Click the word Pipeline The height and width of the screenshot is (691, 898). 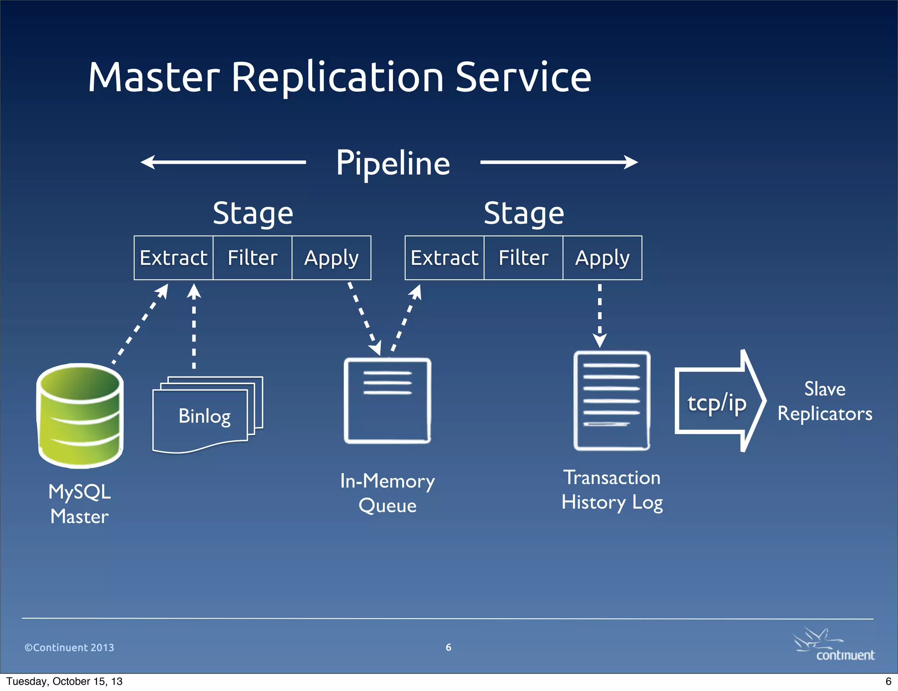point(393,163)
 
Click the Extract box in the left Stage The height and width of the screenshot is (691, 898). point(174,258)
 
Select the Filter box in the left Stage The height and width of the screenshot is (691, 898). point(253,258)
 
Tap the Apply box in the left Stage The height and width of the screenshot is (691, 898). point(331,258)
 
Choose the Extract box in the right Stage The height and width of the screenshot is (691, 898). point(445,258)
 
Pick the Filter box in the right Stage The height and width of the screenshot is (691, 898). point(524,258)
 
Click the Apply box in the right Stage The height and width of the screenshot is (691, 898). point(602,258)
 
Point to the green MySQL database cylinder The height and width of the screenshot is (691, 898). point(80,416)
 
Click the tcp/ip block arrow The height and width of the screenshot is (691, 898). point(719,402)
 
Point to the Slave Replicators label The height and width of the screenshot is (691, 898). point(824,402)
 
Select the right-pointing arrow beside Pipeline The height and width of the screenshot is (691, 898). point(559,162)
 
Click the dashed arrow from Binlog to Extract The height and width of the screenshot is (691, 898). point(194,327)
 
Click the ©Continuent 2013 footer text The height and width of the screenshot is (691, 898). point(69,648)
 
